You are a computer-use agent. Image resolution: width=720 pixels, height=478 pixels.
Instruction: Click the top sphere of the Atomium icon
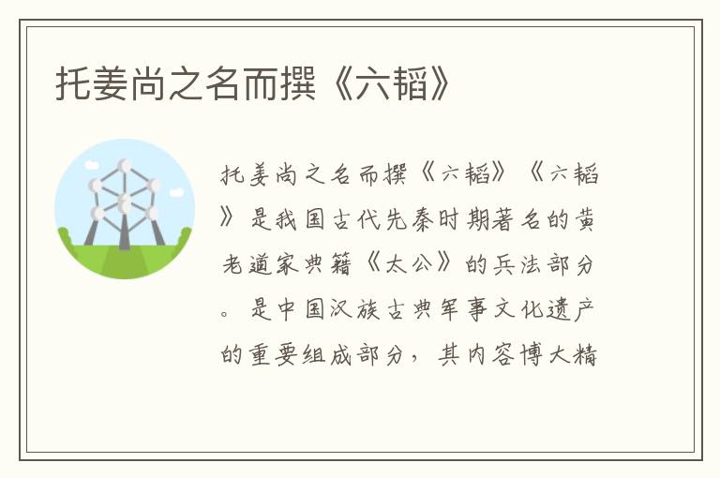click(x=125, y=166)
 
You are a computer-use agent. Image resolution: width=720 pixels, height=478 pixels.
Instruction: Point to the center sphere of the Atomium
click(x=125, y=202)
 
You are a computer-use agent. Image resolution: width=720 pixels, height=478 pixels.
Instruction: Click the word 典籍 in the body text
click(x=351, y=265)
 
